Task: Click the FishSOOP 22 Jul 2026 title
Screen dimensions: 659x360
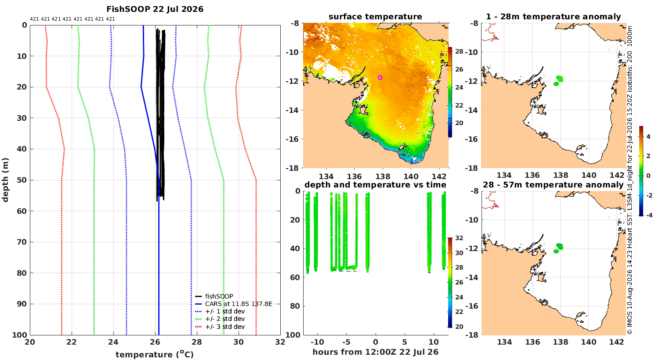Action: pos(155,9)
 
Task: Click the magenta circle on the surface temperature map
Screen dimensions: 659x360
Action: pos(380,78)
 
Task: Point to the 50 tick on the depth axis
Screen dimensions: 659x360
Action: pos(22,180)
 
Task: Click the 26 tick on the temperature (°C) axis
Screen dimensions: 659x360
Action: pos(155,342)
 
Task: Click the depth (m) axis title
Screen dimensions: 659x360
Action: pos(5,180)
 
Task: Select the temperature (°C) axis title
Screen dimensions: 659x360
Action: pos(155,354)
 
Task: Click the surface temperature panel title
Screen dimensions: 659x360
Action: pos(375,17)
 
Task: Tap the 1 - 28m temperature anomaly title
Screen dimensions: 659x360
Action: pos(554,17)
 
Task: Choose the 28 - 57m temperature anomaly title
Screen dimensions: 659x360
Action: pos(554,185)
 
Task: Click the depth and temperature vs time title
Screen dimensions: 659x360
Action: pos(375,185)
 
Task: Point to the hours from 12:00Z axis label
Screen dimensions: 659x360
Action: pos(375,352)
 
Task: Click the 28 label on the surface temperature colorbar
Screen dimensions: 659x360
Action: pos(459,51)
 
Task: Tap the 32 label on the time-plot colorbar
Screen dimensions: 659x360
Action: pos(459,238)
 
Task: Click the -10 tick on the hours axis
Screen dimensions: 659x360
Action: pos(317,342)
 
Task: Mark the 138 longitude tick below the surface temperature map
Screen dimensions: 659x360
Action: pos(383,176)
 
